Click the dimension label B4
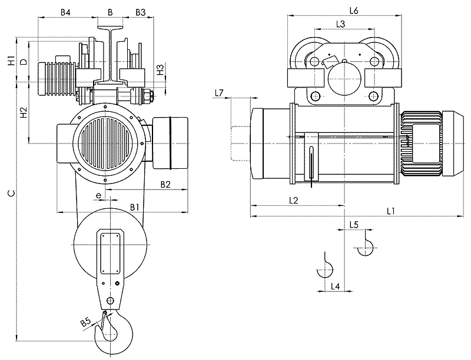click(66, 12)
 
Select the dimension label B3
click(141, 12)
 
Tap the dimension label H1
click(11, 61)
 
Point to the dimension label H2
click(24, 114)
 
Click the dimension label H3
click(160, 69)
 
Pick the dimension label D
click(23, 61)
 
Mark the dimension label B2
click(165, 184)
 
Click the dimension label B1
click(134, 206)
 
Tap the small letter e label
click(98, 194)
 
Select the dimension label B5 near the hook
click(85, 322)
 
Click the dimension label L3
click(340, 24)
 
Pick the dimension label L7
click(218, 93)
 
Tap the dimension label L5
click(354, 224)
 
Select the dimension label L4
click(334, 286)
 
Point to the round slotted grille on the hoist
click(108, 142)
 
